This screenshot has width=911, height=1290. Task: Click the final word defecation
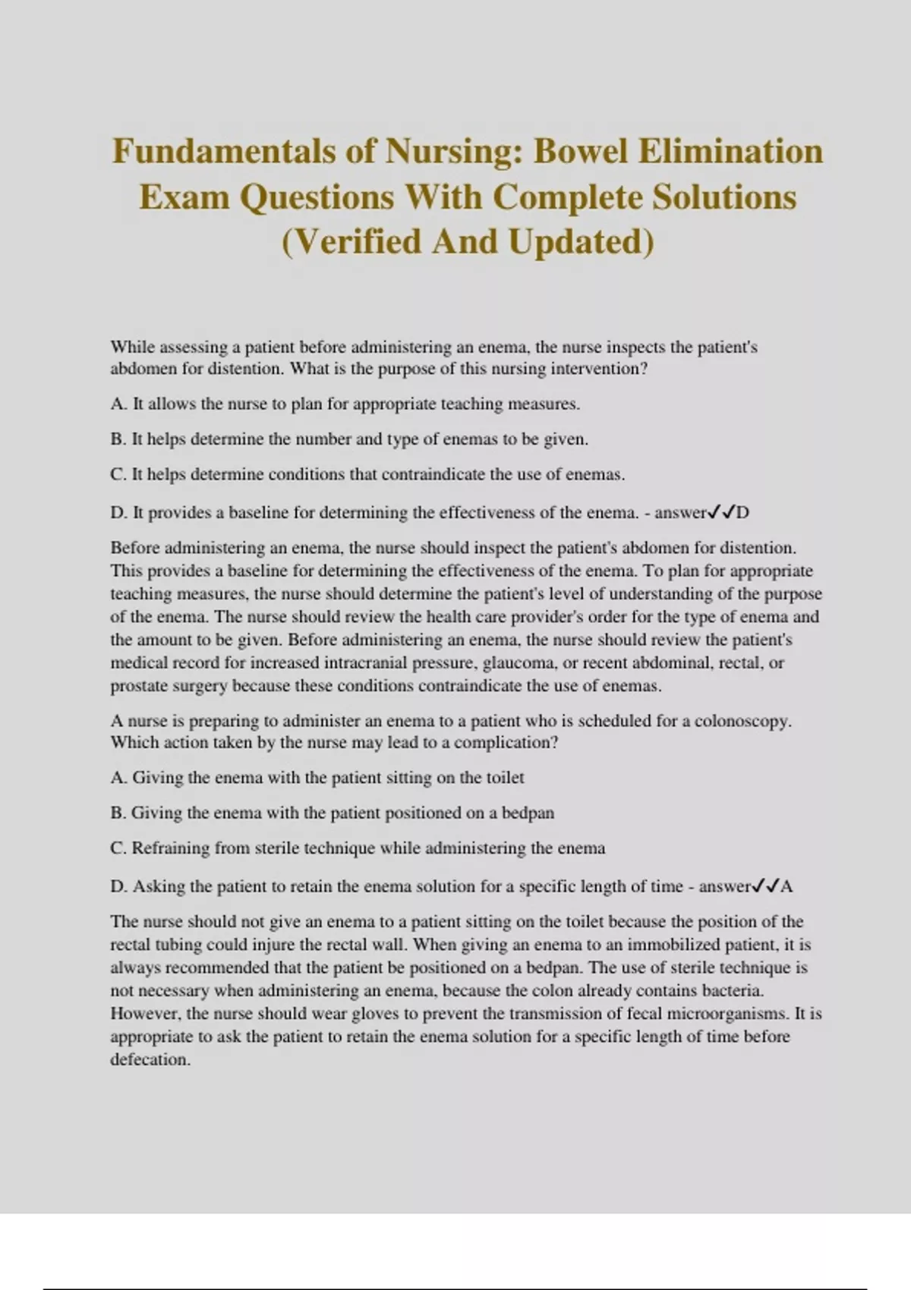pos(150,1059)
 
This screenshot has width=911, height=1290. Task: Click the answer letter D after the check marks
pos(742,512)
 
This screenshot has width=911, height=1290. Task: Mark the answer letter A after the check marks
pos(786,886)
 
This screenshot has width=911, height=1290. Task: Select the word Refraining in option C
pos(171,848)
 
